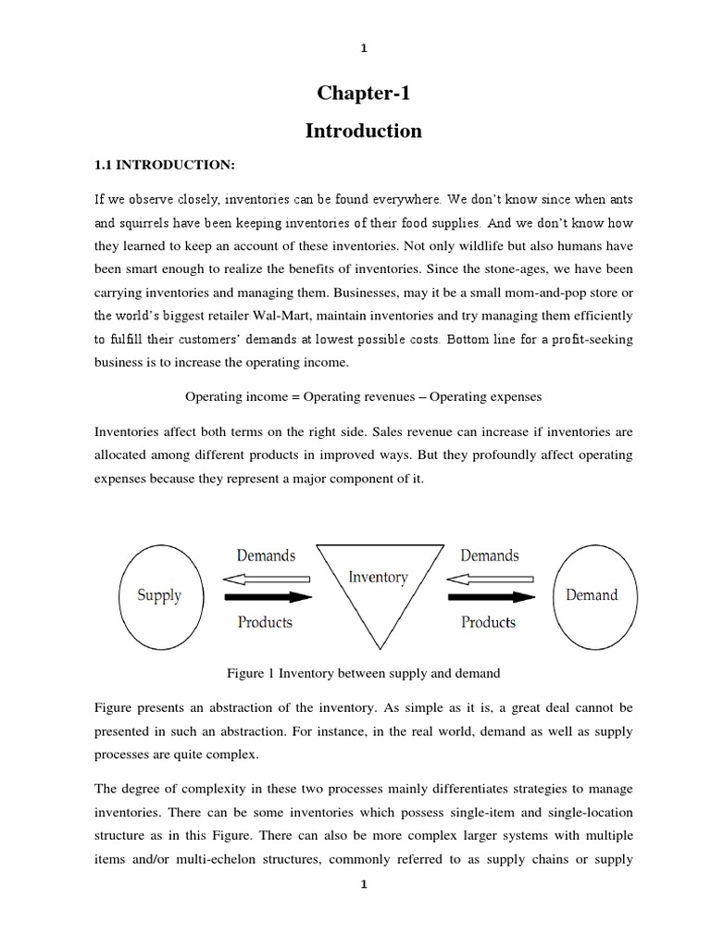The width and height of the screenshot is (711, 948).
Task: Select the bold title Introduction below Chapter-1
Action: coord(363,131)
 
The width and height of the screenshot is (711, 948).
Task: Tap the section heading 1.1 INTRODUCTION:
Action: coord(162,165)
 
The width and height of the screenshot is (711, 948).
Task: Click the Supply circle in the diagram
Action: coord(159,595)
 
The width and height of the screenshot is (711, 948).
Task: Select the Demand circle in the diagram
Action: coord(591,595)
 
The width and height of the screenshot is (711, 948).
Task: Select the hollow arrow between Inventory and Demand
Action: coord(488,579)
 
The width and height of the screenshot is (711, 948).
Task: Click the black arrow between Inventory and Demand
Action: coord(488,597)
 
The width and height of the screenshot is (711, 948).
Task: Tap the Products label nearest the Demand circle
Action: coord(488,622)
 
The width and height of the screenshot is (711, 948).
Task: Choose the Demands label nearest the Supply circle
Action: coord(266,555)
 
